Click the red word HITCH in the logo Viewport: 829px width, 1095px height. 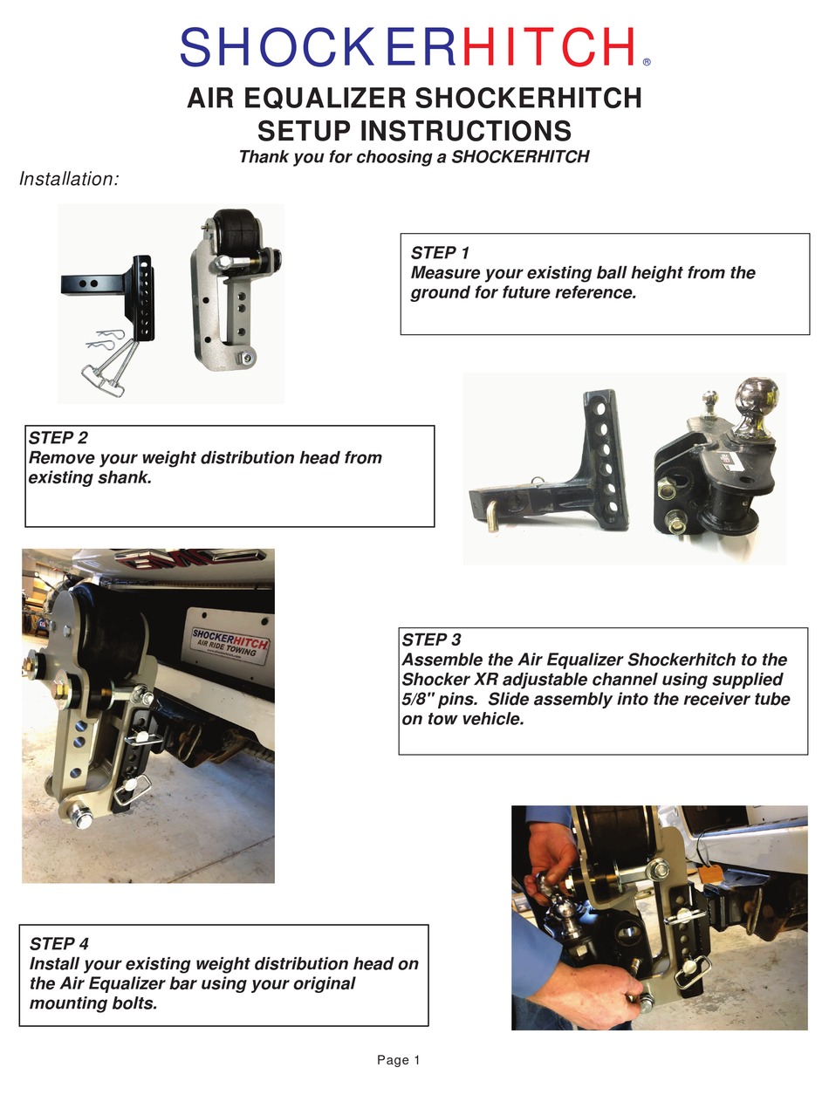coord(548,46)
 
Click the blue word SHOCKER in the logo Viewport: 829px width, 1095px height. coord(318,46)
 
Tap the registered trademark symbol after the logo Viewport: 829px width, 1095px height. coord(647,62)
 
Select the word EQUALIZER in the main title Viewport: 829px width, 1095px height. coord(325,99)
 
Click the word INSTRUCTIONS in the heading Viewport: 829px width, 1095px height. coord(465,131)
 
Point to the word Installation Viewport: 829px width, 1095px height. coord(69,179)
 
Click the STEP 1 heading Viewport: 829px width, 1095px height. coord(440,253)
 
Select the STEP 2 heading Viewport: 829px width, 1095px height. coord(58,437)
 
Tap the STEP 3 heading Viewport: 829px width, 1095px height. coord(431,640)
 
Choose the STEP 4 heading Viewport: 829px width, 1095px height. coord(58,944)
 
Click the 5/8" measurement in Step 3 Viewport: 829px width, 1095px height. coord(417,699)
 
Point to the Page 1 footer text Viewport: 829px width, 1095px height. coord(398,1060)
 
